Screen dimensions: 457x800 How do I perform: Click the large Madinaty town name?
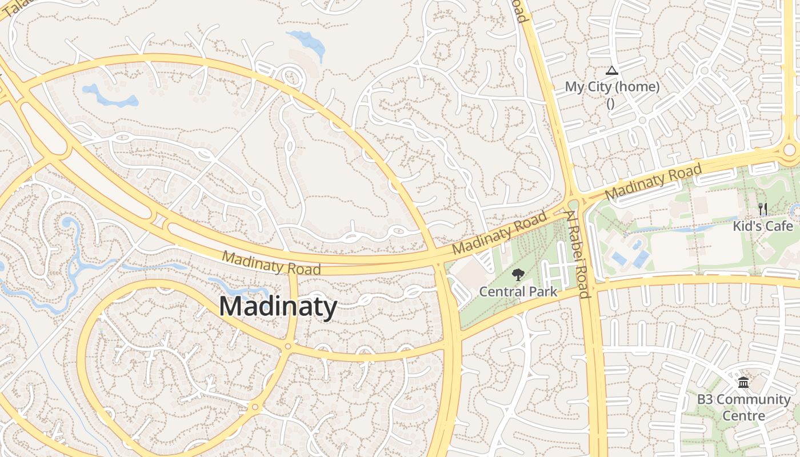click(278, 307)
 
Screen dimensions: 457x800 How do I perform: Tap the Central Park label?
click(518, 291)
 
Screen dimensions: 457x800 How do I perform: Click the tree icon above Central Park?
click(518, 275)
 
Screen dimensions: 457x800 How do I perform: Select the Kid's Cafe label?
click(763, 226)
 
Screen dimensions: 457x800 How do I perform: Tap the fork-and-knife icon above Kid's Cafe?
click(763, 209)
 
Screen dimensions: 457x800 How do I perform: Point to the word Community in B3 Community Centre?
click(754, 399)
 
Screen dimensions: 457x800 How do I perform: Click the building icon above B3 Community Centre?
click(743, 382)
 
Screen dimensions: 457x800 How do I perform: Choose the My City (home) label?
click(612, 87)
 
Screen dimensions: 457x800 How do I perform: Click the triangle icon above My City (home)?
click(612, 71)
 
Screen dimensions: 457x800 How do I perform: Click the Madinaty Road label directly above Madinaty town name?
click(271, 263)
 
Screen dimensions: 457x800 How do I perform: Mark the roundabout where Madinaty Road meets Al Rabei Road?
click(574, 203)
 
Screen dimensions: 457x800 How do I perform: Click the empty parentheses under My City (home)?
click(610, 103)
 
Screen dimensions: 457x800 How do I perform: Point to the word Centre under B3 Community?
click(743, 415)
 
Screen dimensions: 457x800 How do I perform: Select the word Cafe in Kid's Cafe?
click(779, 226)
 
